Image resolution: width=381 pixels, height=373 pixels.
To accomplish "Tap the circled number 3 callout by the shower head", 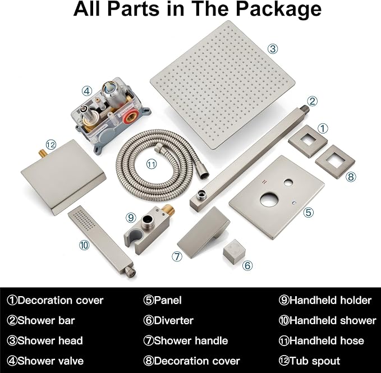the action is tap(273, 49).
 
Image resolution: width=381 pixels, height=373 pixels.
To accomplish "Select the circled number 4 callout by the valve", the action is tap(87, 91).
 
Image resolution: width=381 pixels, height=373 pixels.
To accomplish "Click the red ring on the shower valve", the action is tap(129, 116).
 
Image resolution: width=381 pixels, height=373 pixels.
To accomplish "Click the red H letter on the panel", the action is tap(265, 182).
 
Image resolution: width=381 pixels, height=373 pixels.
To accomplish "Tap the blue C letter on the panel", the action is tap(294, 203).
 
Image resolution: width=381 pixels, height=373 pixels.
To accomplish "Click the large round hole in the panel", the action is tap(269, 199).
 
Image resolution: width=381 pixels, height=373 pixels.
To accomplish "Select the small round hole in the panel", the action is tap(288, 182).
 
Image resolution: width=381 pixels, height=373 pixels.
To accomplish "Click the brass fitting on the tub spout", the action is tap(43, 154).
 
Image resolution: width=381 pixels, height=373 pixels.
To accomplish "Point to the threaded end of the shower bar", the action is tap(305, 109).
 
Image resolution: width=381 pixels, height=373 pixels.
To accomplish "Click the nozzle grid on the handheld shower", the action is tap(84, 219).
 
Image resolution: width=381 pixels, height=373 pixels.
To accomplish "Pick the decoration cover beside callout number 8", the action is tap(335, 162).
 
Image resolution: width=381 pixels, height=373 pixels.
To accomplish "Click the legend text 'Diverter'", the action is tap(173, 320).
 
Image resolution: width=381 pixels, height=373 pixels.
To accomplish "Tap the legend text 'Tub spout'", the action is tap(315, 361).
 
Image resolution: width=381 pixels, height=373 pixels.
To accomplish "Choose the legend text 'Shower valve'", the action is tap(51, 361).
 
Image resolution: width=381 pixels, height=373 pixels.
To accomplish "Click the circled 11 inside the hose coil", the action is tap(151, 164).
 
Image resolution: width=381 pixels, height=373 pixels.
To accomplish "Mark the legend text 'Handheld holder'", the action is tap(330, 301).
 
